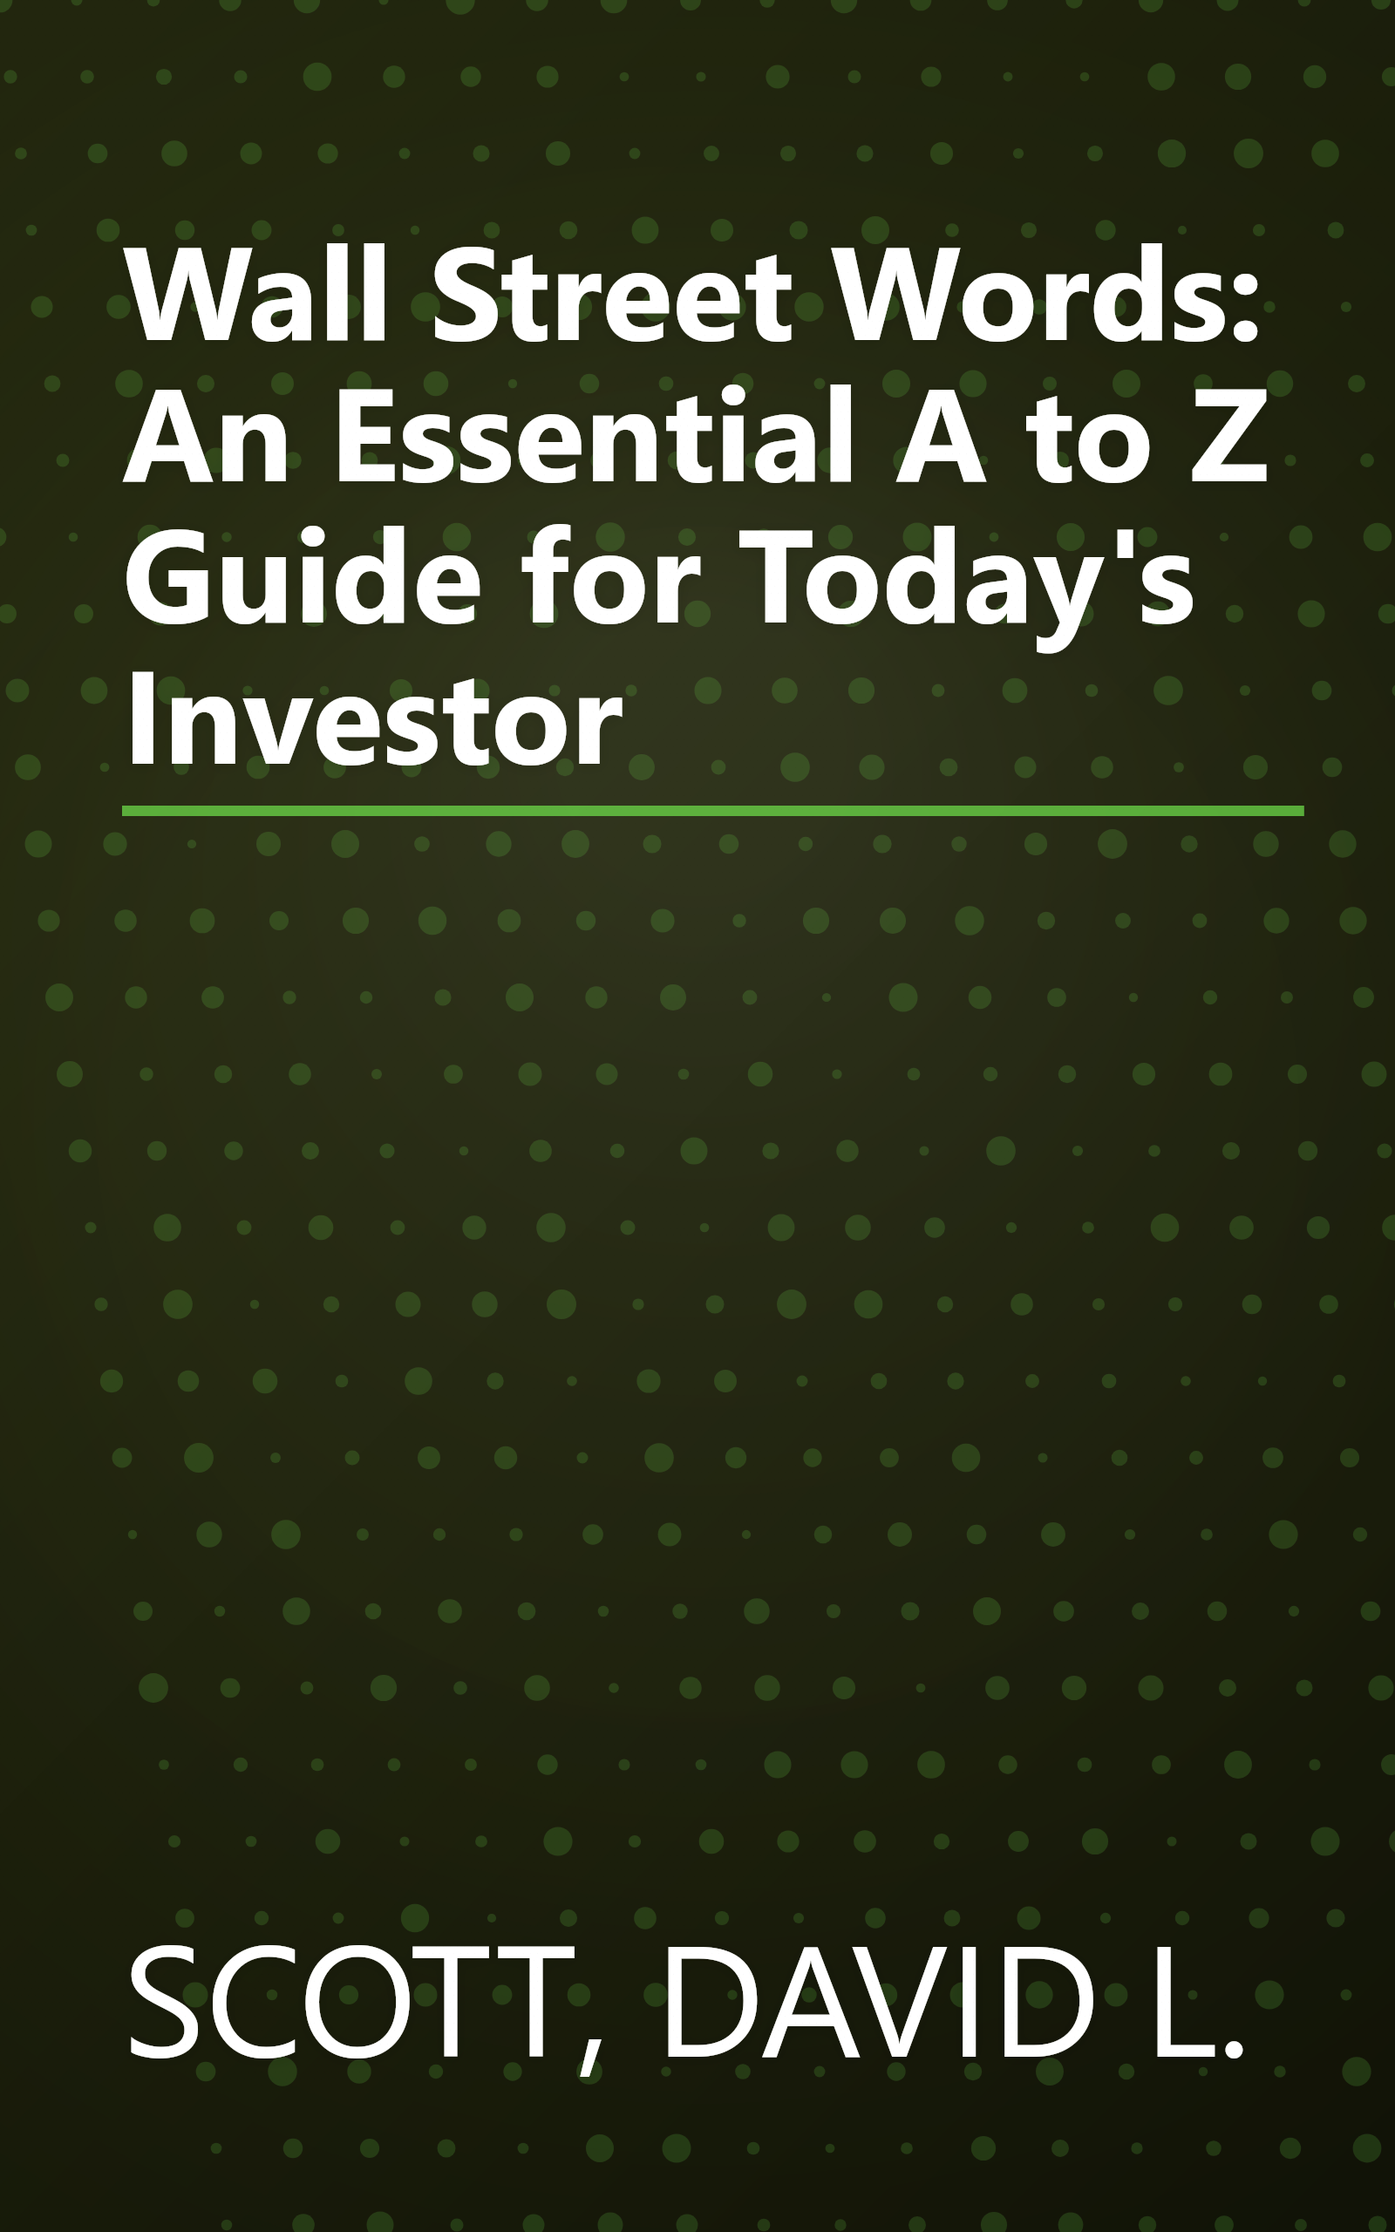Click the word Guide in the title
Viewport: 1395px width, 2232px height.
pyautogui.click(x=302, y=579)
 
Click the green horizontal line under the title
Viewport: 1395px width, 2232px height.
pyautogui.click(x=712, y=811)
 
